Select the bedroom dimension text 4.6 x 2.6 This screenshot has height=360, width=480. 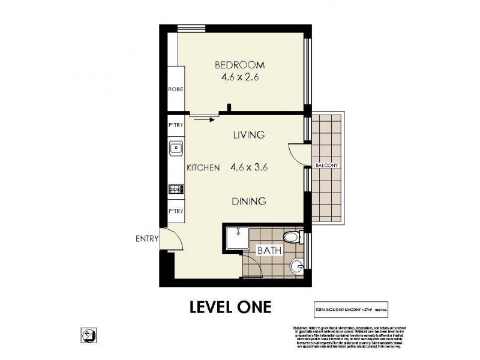[239, 77]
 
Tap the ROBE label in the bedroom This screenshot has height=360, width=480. [175, 89]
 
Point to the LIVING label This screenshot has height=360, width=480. [248, 135]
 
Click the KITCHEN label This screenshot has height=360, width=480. [202, 168]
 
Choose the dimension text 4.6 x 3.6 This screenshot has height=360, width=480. [248, 168]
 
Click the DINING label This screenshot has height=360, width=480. [248, 202]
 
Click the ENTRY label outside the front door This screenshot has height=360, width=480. [146, 238]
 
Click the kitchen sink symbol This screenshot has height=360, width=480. [176, 146]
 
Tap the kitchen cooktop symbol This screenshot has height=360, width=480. [176, 189]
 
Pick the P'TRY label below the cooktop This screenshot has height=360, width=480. [175, 211]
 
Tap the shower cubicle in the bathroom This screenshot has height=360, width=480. [236, 238]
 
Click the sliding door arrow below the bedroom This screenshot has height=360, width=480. [205, 119]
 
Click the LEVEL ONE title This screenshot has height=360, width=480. [230, 307]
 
